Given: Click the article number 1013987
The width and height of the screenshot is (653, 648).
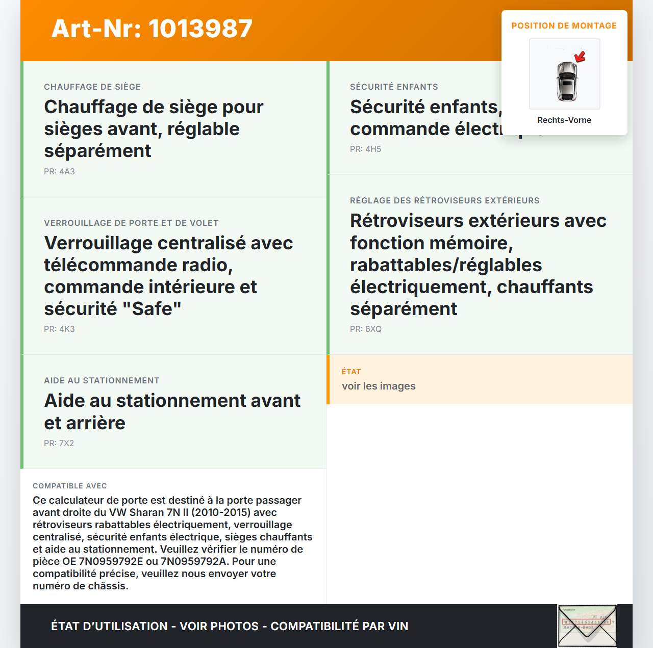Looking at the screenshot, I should [200, 29].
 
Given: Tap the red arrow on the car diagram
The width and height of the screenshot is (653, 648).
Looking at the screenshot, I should [580, 57].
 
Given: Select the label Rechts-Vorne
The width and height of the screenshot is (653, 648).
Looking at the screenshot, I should [564, 120].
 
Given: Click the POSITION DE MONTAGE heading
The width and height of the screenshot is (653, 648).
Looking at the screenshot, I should [564, 26].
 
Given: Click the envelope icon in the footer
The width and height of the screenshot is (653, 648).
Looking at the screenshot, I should [587, 626].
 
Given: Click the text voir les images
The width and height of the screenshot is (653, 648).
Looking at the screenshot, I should [379, 386].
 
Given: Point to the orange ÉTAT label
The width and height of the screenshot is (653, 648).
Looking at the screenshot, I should [351, 372].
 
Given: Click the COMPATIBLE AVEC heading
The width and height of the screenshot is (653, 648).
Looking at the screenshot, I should [70, 486].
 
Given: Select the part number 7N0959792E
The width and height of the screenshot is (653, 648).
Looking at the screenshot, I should [111, 562].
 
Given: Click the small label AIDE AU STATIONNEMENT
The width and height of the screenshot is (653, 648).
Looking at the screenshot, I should [102, 381].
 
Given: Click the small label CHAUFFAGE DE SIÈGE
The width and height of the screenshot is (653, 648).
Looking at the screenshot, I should [92, 87].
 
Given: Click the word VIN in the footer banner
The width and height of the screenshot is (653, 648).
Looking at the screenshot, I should [397, 627].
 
